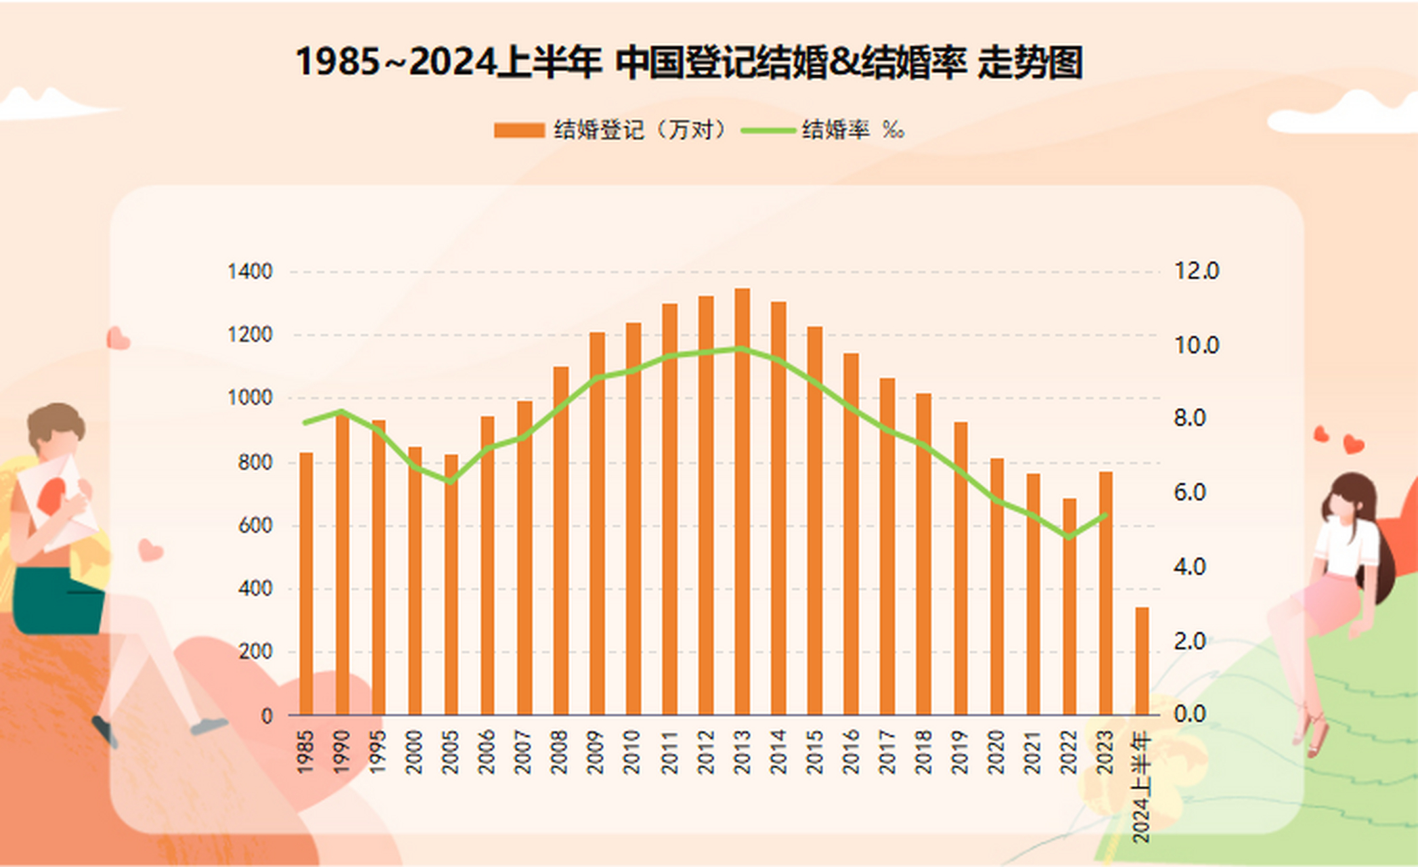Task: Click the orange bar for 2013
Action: [742, 501]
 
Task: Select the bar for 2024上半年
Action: [1142, 661]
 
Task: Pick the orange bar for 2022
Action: [1069, 607]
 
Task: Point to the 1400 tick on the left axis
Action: [250, 272]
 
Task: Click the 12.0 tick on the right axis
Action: [1196, 271]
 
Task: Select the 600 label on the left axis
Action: [255, 525]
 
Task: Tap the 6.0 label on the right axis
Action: [1189, 492]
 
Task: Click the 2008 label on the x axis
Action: [559, 751]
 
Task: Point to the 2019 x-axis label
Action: [959, 751]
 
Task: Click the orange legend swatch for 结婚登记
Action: [519, 130]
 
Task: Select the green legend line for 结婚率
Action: [768, 130]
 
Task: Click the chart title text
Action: [688, 62]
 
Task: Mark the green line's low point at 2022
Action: [1069, 538]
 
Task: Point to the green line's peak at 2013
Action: [742, 349]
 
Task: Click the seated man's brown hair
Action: [56, 417]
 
